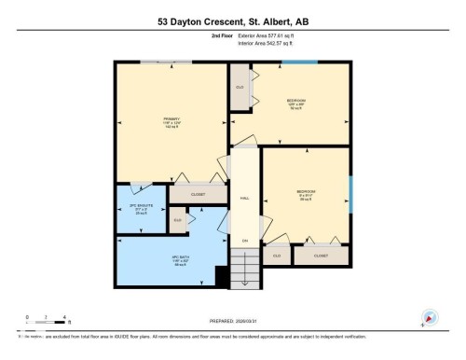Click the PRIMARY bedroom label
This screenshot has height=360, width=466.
pos(171,121)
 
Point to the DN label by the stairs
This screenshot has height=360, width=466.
pos(244,241)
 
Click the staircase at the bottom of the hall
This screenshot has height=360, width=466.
pos(243,272)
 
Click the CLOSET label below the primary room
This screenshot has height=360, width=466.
pos(198,194)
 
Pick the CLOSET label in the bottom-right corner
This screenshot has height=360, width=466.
pos(321,254)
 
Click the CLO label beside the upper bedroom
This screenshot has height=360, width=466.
pos(240,88)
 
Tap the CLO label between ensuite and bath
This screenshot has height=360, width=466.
pos(177,220)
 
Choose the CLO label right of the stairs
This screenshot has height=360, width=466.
pos(277,254)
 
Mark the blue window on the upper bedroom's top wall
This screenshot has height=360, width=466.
pos(299,62)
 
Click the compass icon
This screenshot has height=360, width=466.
pos(430,317)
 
